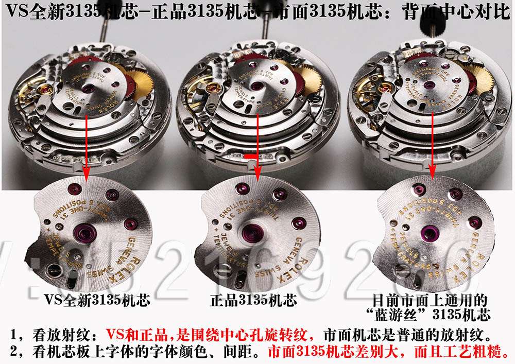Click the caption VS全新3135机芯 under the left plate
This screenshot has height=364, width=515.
[x=97, y=300]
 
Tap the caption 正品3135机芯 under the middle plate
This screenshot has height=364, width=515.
[x=253, y=300]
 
